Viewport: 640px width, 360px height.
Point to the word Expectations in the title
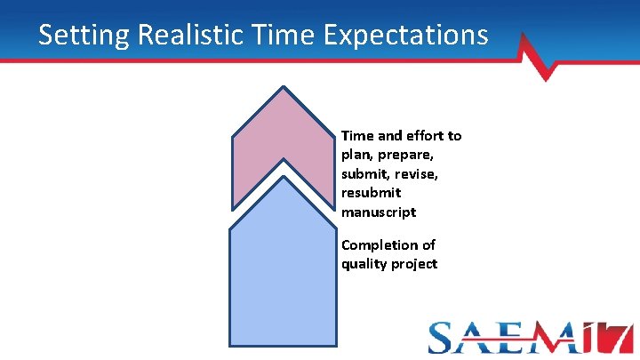click(408, 35)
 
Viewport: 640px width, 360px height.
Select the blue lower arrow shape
click(283, 267)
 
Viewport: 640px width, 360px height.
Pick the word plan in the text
click(356, 155)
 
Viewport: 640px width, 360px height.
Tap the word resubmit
click(371, 193)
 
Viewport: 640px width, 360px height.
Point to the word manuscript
click(378, 212)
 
